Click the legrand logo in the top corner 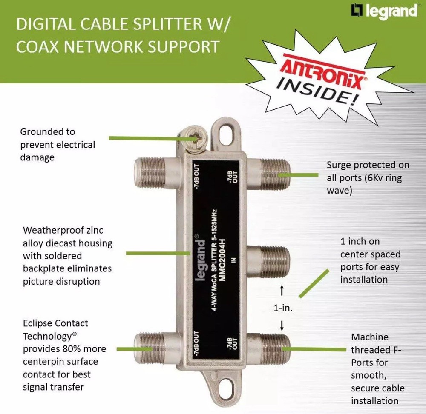384,11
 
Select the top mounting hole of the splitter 226,133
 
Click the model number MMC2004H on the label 222,260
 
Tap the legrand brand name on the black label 199,260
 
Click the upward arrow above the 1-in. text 282,290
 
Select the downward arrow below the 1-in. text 282,325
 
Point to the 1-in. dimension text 283,308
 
